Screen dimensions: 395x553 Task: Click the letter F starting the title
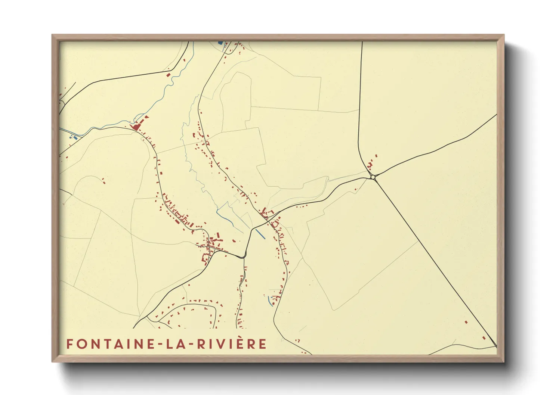(x=69, y=344)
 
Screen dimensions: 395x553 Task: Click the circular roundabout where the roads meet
(x=373, y=177)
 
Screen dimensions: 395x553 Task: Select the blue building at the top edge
(x=220, y=43)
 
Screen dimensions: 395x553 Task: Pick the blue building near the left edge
(x=75, y=138)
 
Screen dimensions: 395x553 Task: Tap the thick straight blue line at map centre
(x=260, y=234)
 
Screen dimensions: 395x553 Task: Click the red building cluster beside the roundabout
(x=370, y=164)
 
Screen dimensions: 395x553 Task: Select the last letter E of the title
(x=263, y=344)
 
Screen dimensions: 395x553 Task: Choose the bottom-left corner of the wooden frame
(x=53, y=361)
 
